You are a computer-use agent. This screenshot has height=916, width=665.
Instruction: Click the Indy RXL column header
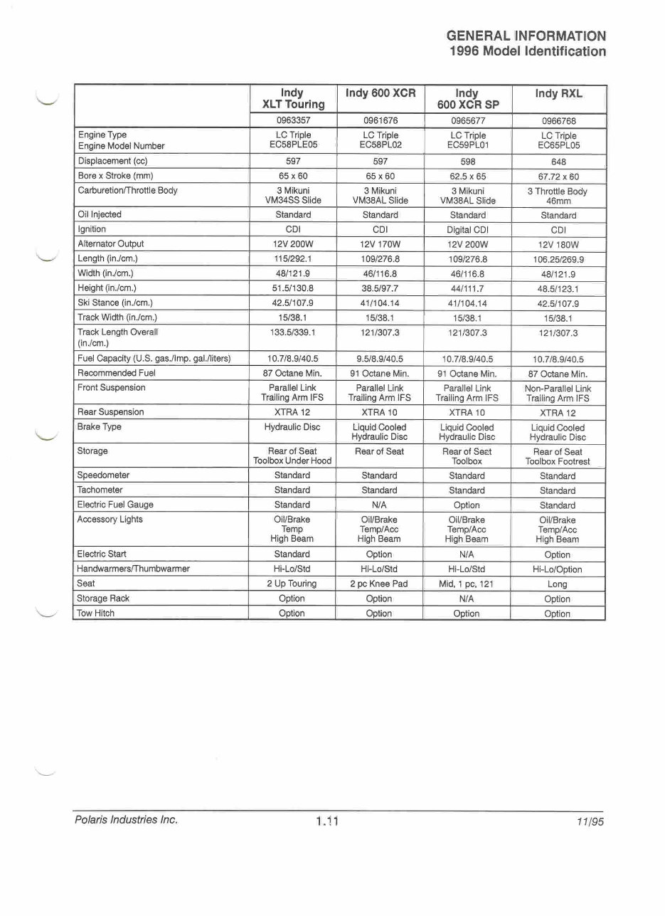(558, 93)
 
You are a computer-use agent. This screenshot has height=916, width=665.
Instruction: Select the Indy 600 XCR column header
(380, 93)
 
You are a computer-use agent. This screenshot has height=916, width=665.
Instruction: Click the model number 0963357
(292, 120)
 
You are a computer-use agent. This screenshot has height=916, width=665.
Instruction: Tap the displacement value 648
(558, 162)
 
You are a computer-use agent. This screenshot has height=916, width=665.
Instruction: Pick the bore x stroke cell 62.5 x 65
(467, 176)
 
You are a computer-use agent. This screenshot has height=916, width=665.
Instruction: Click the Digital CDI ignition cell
(467, 230)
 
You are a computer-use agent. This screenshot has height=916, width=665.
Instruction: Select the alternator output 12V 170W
(380, 244)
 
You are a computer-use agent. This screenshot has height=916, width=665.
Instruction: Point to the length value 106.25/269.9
(558, 260)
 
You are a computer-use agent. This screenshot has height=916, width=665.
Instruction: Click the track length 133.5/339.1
(292, 332)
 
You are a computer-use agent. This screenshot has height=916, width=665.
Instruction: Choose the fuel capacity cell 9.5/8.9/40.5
(380, 359)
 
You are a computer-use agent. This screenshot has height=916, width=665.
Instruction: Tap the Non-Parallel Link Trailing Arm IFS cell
(558, 394)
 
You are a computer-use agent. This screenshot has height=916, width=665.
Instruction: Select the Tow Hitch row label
(96, 613)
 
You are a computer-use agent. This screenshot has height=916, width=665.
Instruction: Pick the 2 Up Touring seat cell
(292, 584)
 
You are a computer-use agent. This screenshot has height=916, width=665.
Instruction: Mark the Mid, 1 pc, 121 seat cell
(467, 584)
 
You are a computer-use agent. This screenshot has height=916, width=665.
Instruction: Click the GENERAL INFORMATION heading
(526, 36)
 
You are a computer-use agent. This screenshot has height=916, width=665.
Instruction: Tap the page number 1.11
(326, 821)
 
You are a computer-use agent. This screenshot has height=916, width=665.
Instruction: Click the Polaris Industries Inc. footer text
(126, 820)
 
